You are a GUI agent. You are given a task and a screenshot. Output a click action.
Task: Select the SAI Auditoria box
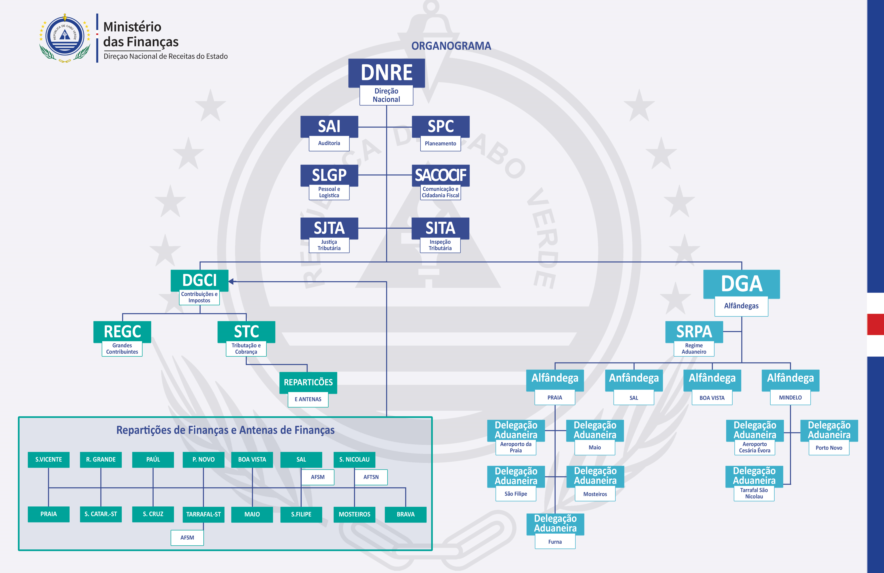coord(329,127)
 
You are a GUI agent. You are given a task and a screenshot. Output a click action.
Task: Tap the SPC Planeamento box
coord(440,127)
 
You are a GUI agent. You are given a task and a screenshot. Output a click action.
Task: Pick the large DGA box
coord(741,284)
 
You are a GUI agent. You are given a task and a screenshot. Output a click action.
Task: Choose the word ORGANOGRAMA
coord(451,46)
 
